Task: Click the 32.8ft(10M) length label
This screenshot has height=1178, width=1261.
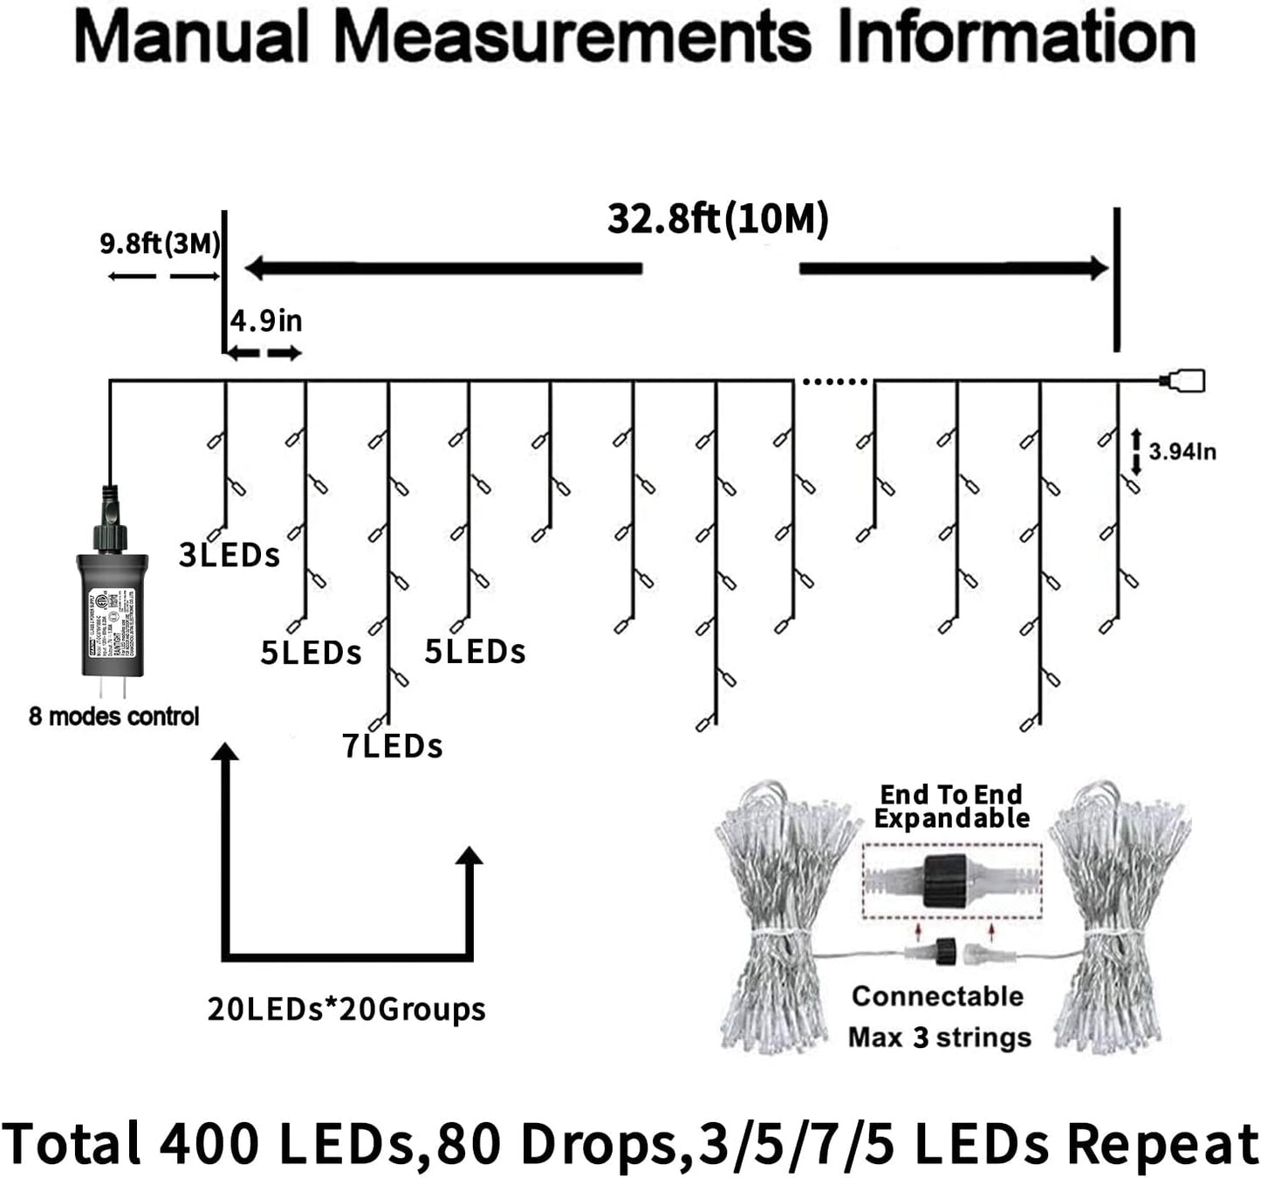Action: (717, 219)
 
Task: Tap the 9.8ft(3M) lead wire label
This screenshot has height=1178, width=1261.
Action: (160, 243)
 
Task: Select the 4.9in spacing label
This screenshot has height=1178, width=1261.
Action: (266, 321)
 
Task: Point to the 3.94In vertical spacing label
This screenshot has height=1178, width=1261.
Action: (1182, 451)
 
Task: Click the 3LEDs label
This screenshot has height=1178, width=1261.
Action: (229, 555)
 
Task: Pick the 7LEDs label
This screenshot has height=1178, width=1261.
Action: (392, 746)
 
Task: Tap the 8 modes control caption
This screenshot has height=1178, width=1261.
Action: (113, 716)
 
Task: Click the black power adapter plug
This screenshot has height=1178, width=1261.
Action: (112, 611)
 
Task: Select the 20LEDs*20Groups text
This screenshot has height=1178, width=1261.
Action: (346, 1009)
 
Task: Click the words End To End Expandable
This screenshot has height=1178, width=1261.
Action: (951, 806)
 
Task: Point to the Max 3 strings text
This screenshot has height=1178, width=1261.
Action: (939, 1038)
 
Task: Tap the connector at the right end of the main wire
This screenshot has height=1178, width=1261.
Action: (1183, 380)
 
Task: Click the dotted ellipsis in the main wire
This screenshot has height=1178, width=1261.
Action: (834, 381)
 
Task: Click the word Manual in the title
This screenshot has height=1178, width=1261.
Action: (193, 38)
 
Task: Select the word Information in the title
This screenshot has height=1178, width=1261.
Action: (1016, 38)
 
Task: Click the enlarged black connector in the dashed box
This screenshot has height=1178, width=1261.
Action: (944, 881)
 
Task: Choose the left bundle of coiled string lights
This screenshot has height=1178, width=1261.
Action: (773, 916)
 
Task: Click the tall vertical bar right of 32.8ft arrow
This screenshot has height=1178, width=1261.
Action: (1116, 279)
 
